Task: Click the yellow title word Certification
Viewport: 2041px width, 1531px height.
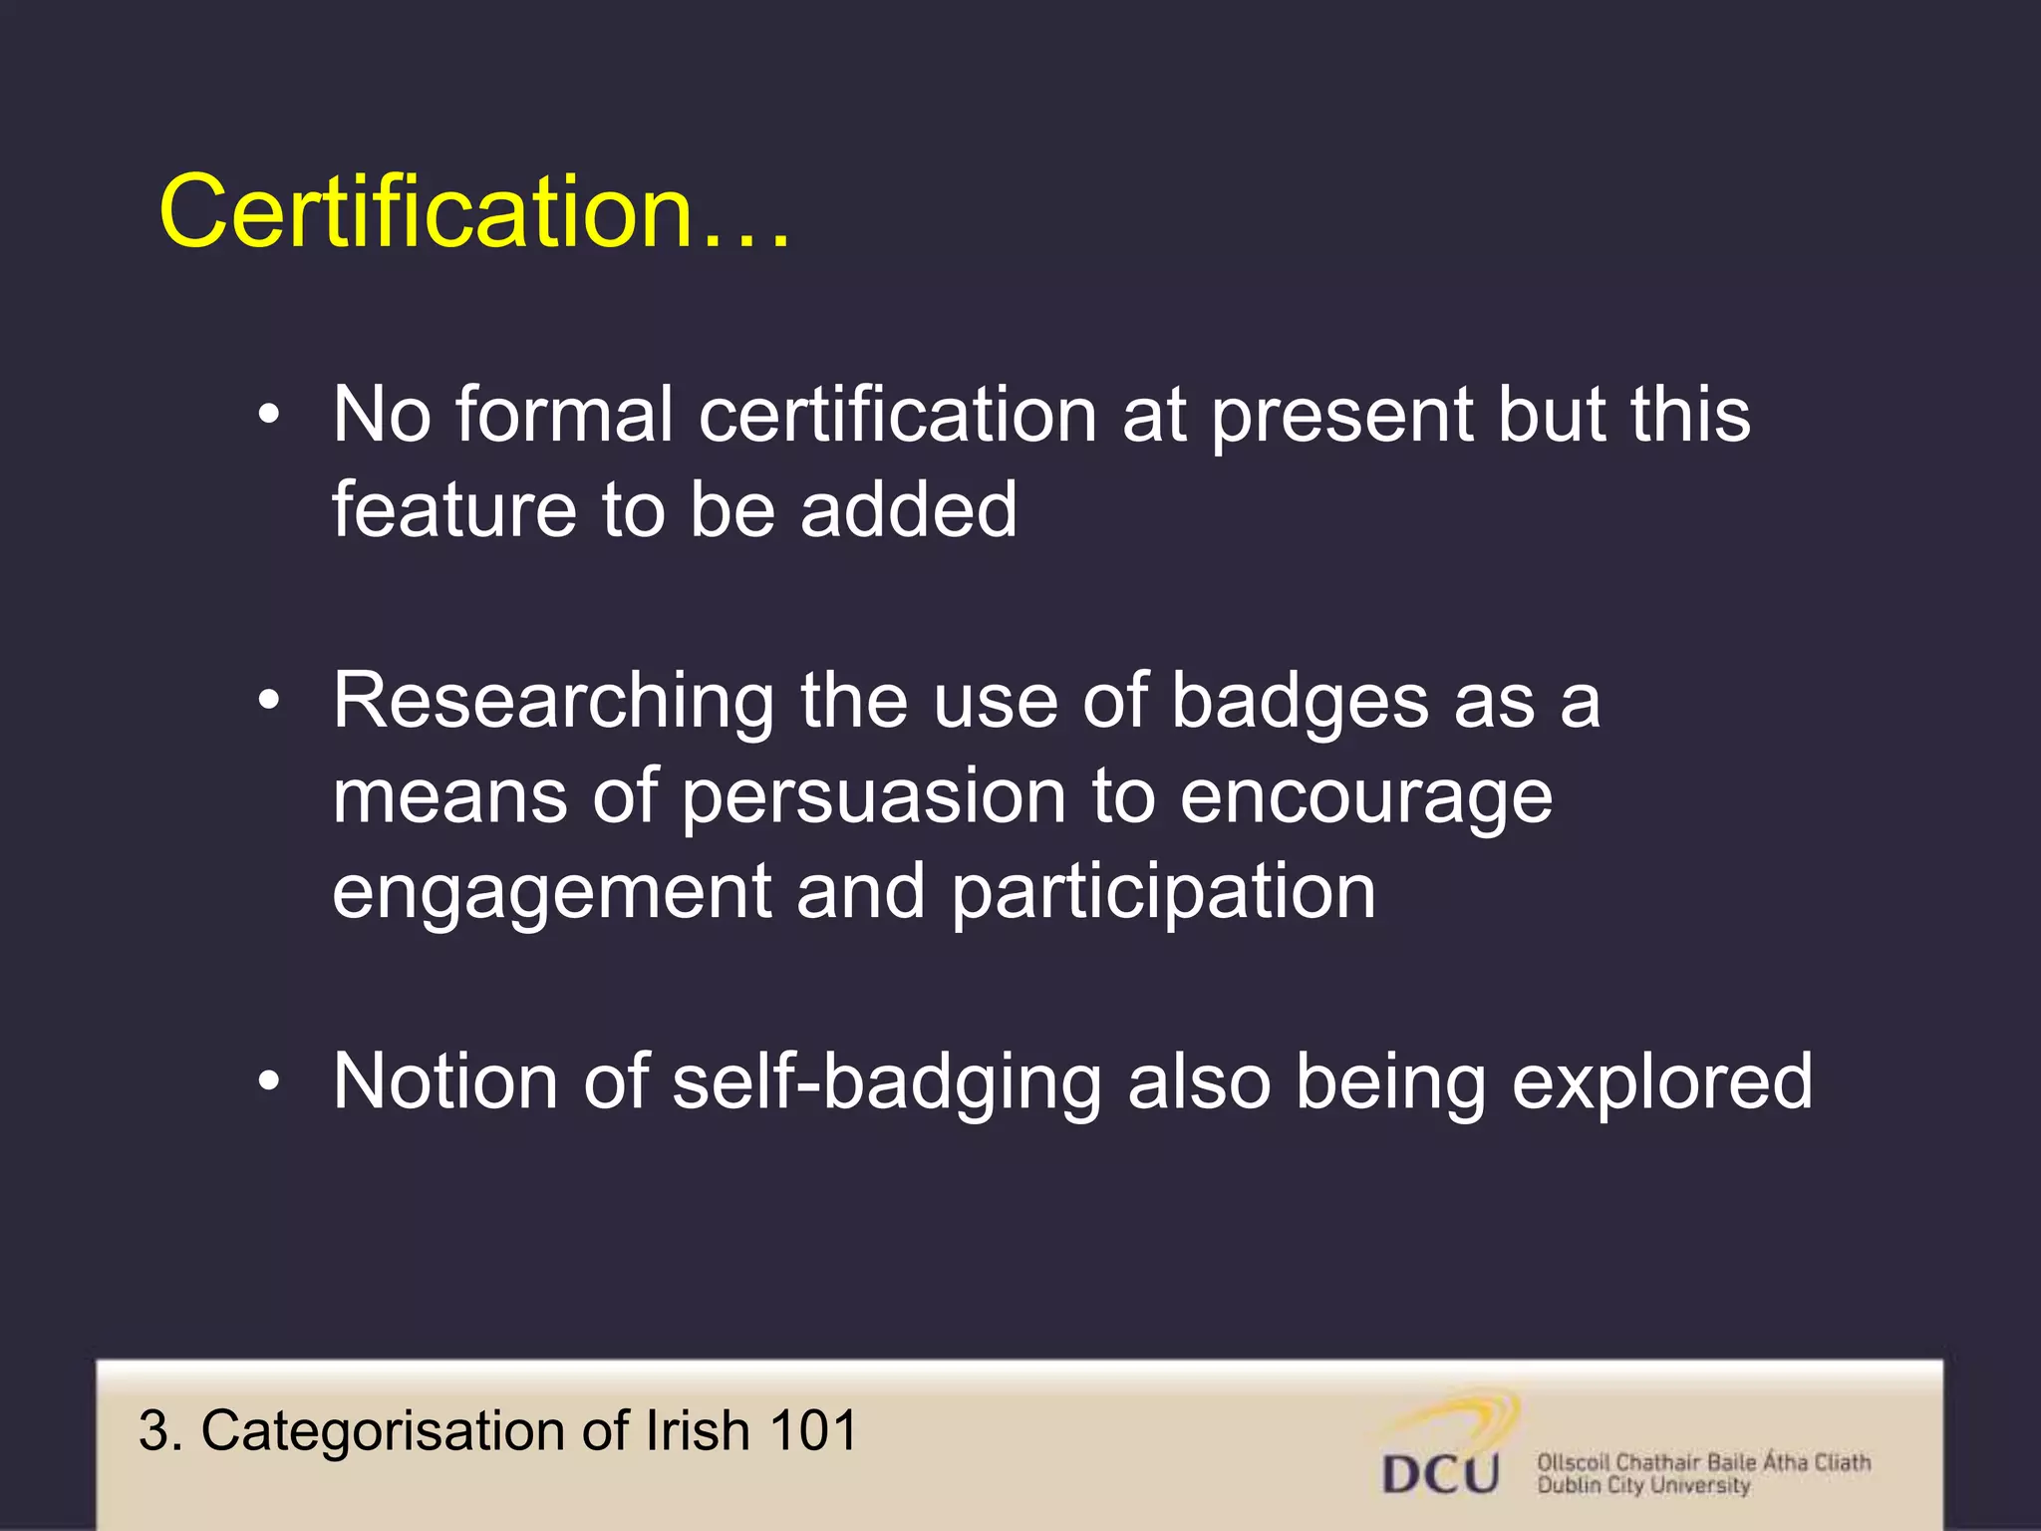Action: click(x=427, y=211)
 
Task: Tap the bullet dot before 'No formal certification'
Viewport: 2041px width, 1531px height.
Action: click(x=268, y=416)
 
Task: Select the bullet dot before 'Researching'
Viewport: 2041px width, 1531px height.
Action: click(x=268, y=702)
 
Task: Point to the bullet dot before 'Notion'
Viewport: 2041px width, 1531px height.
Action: click(x=268, y=1082)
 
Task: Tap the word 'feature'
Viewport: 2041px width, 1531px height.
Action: click(x=453, y=509)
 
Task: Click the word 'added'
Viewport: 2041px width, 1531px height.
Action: click(x=908, y=509)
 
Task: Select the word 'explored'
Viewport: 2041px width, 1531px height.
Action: click(x=1661, y=1084)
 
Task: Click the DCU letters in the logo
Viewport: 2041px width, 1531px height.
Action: click(x=1441, y=1473)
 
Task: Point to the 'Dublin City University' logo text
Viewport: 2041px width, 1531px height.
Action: click(x=1643, y=1486)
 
